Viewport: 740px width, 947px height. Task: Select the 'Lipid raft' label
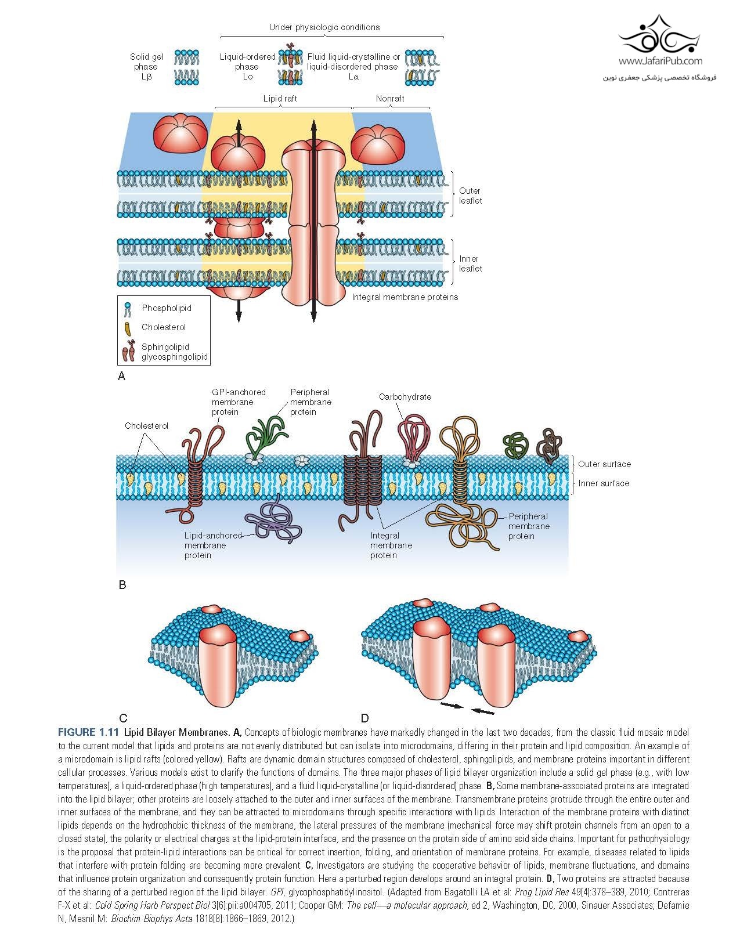tap(280, 99)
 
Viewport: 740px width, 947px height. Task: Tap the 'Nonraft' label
tap(389, 99)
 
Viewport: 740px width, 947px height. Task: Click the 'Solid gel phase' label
tap(146, 66)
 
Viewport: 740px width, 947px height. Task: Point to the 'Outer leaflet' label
tap(470, 196)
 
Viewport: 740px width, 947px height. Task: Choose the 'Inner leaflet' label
tap(470, 263)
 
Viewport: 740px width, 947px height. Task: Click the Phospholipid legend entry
tap(166, 308)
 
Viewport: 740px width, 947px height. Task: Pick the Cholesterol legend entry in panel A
tap(163, 327)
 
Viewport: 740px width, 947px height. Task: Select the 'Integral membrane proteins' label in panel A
tap(405, 297)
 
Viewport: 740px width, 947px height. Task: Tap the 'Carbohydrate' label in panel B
tap(405, 397)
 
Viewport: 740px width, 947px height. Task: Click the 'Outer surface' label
tap(604, 464)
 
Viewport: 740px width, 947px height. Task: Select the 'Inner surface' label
tap(603, 483)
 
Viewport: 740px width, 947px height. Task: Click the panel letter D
tap(364, 718)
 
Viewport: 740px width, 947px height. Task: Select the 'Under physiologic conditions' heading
tap(324, 27)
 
